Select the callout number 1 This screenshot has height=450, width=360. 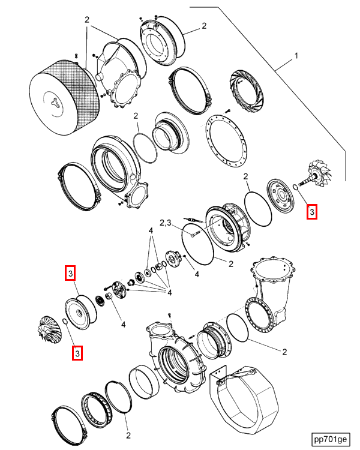[295, 58]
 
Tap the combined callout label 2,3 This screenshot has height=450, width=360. [166, 223]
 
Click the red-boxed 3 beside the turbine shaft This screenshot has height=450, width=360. [311, 212]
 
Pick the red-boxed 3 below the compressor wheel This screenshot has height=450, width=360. [77, 353]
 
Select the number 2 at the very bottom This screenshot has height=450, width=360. [128, 435]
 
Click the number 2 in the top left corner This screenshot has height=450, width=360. [87, 19]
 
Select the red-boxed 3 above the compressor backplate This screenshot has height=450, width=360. [70, 274]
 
